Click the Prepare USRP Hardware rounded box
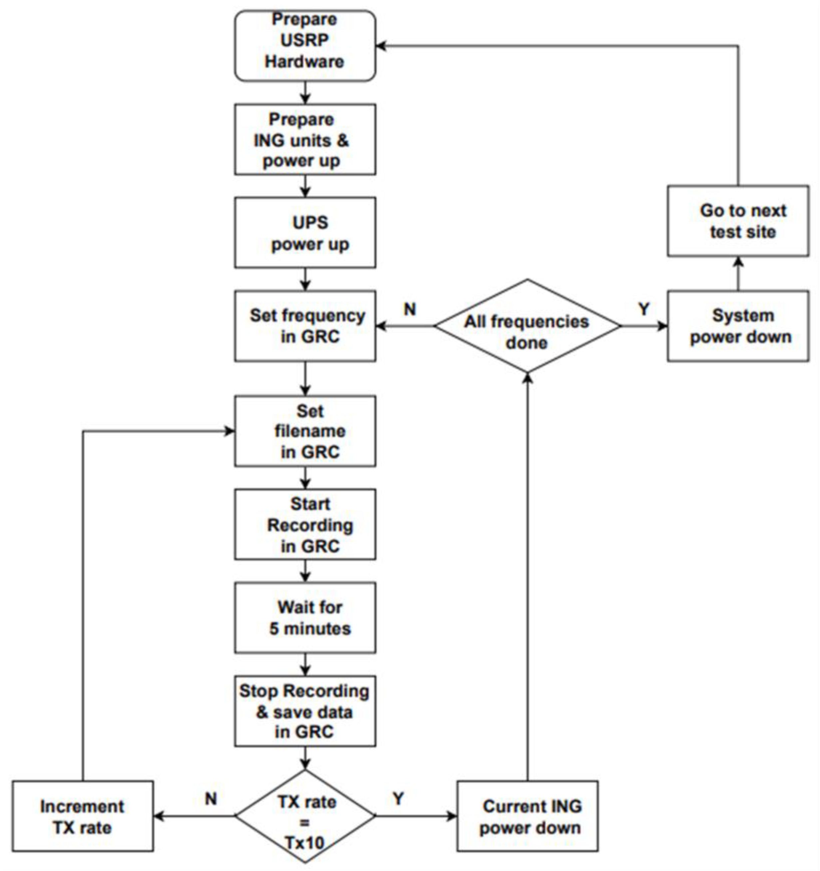pyautogui.click(x=305, y=46)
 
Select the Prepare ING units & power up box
pyautogui.click(x=305, y=139)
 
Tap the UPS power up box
pyautogui.click(x=305, y=232)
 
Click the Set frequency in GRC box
pyautogui.click(x=305, y=326)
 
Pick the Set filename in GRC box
pyautogui.click(x=305, y=431)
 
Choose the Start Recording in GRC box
pyautogui.click(x=305, y=525)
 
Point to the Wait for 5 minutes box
pyautogui.click(x=305, y=618)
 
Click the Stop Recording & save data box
pyautogui.click(x=305, y=711)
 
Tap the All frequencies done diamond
pyautogui.click(x=527, y=326)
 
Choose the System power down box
pyautogui.click(x=738, y=326)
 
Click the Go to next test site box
pyautogui.click(x=738, y=221)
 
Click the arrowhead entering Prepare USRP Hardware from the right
pyautogui.click(x=381, y=46)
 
